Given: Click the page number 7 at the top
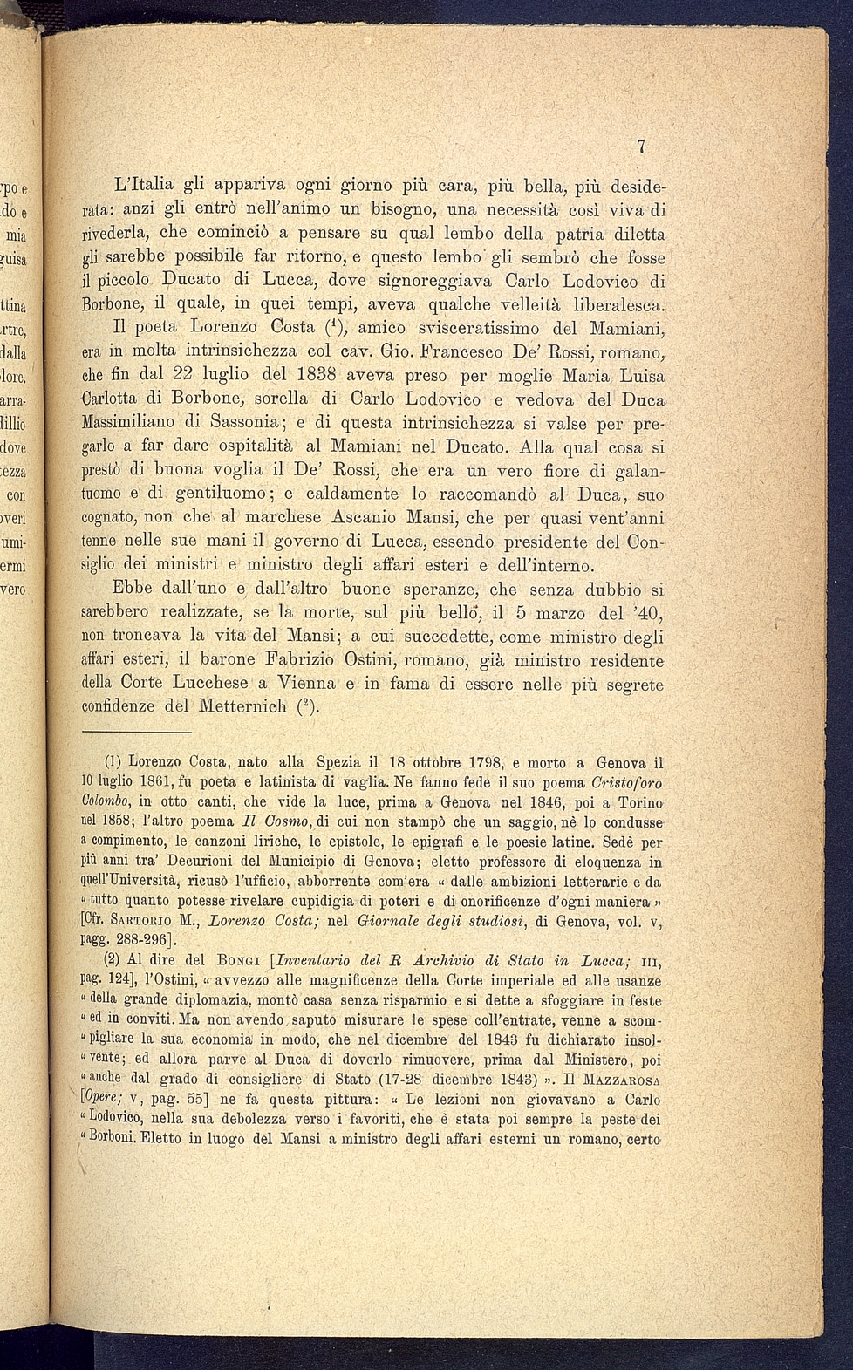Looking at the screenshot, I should (x=641, y=147).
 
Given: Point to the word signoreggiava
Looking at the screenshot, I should (x=422, y=282).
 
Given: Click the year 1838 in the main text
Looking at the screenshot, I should (x=311, y=377).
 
